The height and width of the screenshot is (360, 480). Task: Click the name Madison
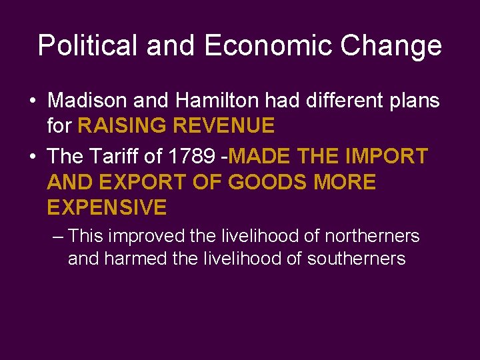coord(87,101)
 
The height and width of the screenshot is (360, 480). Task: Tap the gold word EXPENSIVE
coord(107,207)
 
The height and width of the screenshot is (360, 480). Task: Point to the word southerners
coord(356,259)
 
